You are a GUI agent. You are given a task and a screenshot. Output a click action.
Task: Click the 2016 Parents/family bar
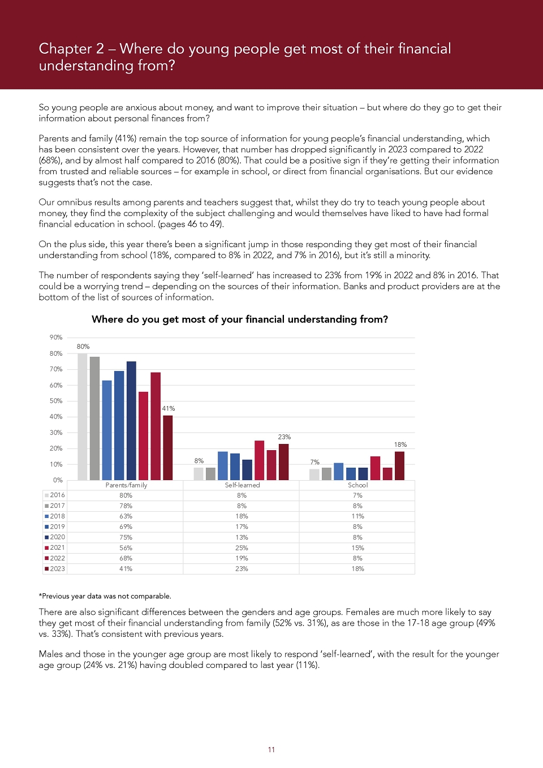[x=82, y=417]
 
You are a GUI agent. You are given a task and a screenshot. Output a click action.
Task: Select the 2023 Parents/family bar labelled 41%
[x=167, y=448]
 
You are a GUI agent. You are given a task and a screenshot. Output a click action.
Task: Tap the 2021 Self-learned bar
[x=259, y=460]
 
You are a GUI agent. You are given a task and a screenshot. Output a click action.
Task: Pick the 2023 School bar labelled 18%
[x=399, y=465]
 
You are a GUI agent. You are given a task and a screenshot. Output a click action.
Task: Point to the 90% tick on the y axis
[x=56, y=338]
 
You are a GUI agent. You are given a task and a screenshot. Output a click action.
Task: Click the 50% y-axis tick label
[x=56, y=401]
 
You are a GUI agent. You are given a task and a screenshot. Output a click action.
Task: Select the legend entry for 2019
[x=55, y=527]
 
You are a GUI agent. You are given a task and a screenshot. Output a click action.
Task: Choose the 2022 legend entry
[x=55, y=558]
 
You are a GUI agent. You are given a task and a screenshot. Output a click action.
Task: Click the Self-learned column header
[x=242, y=485]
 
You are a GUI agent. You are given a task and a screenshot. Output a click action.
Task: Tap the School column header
[x=357, y=485]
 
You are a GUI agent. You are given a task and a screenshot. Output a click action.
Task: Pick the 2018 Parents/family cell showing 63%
[x=126, y=516]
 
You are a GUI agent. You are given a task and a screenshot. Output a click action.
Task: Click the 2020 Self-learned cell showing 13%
[x=242, y=537]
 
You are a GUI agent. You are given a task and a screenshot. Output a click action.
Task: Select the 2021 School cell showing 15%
[x=357, y=548]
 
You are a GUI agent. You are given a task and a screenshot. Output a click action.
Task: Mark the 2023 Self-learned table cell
[x=242, y=569]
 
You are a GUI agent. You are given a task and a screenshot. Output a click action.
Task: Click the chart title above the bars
[x=240, y=320]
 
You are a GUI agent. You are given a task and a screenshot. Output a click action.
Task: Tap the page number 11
[x=271, y=750]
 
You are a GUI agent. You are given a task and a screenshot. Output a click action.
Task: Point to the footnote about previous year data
[x=105, y=596]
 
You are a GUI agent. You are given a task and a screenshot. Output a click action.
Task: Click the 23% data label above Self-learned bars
[x=284, y=437]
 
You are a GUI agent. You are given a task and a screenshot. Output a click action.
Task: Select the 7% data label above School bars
[x=314, y=462]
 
